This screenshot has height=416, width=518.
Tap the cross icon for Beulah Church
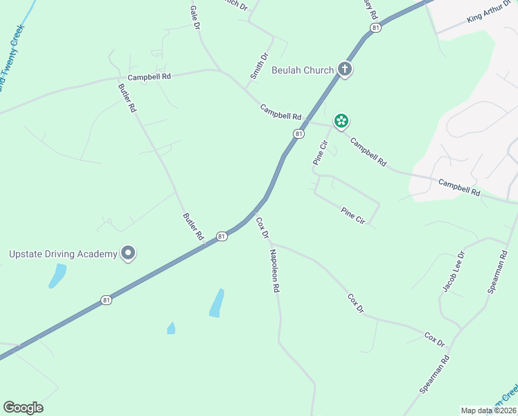pos(345,69)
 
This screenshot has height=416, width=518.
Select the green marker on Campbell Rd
pos(341,122)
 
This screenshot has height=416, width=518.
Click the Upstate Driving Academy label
pos(63,254)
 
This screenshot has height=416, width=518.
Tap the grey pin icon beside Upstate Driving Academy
pos(128,254)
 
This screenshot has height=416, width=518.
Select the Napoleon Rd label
pos(275,269)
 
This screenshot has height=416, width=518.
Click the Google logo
pos(23,408)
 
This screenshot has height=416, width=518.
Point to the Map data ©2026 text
pos(488,410)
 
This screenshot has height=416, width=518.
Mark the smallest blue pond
pos(171,328)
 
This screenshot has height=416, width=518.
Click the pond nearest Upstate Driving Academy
pos(57,275)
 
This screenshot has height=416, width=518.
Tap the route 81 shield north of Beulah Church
pos(375,28)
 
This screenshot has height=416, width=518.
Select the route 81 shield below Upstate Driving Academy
pos(105,300)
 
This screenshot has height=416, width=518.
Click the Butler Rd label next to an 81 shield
pos(193,227)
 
